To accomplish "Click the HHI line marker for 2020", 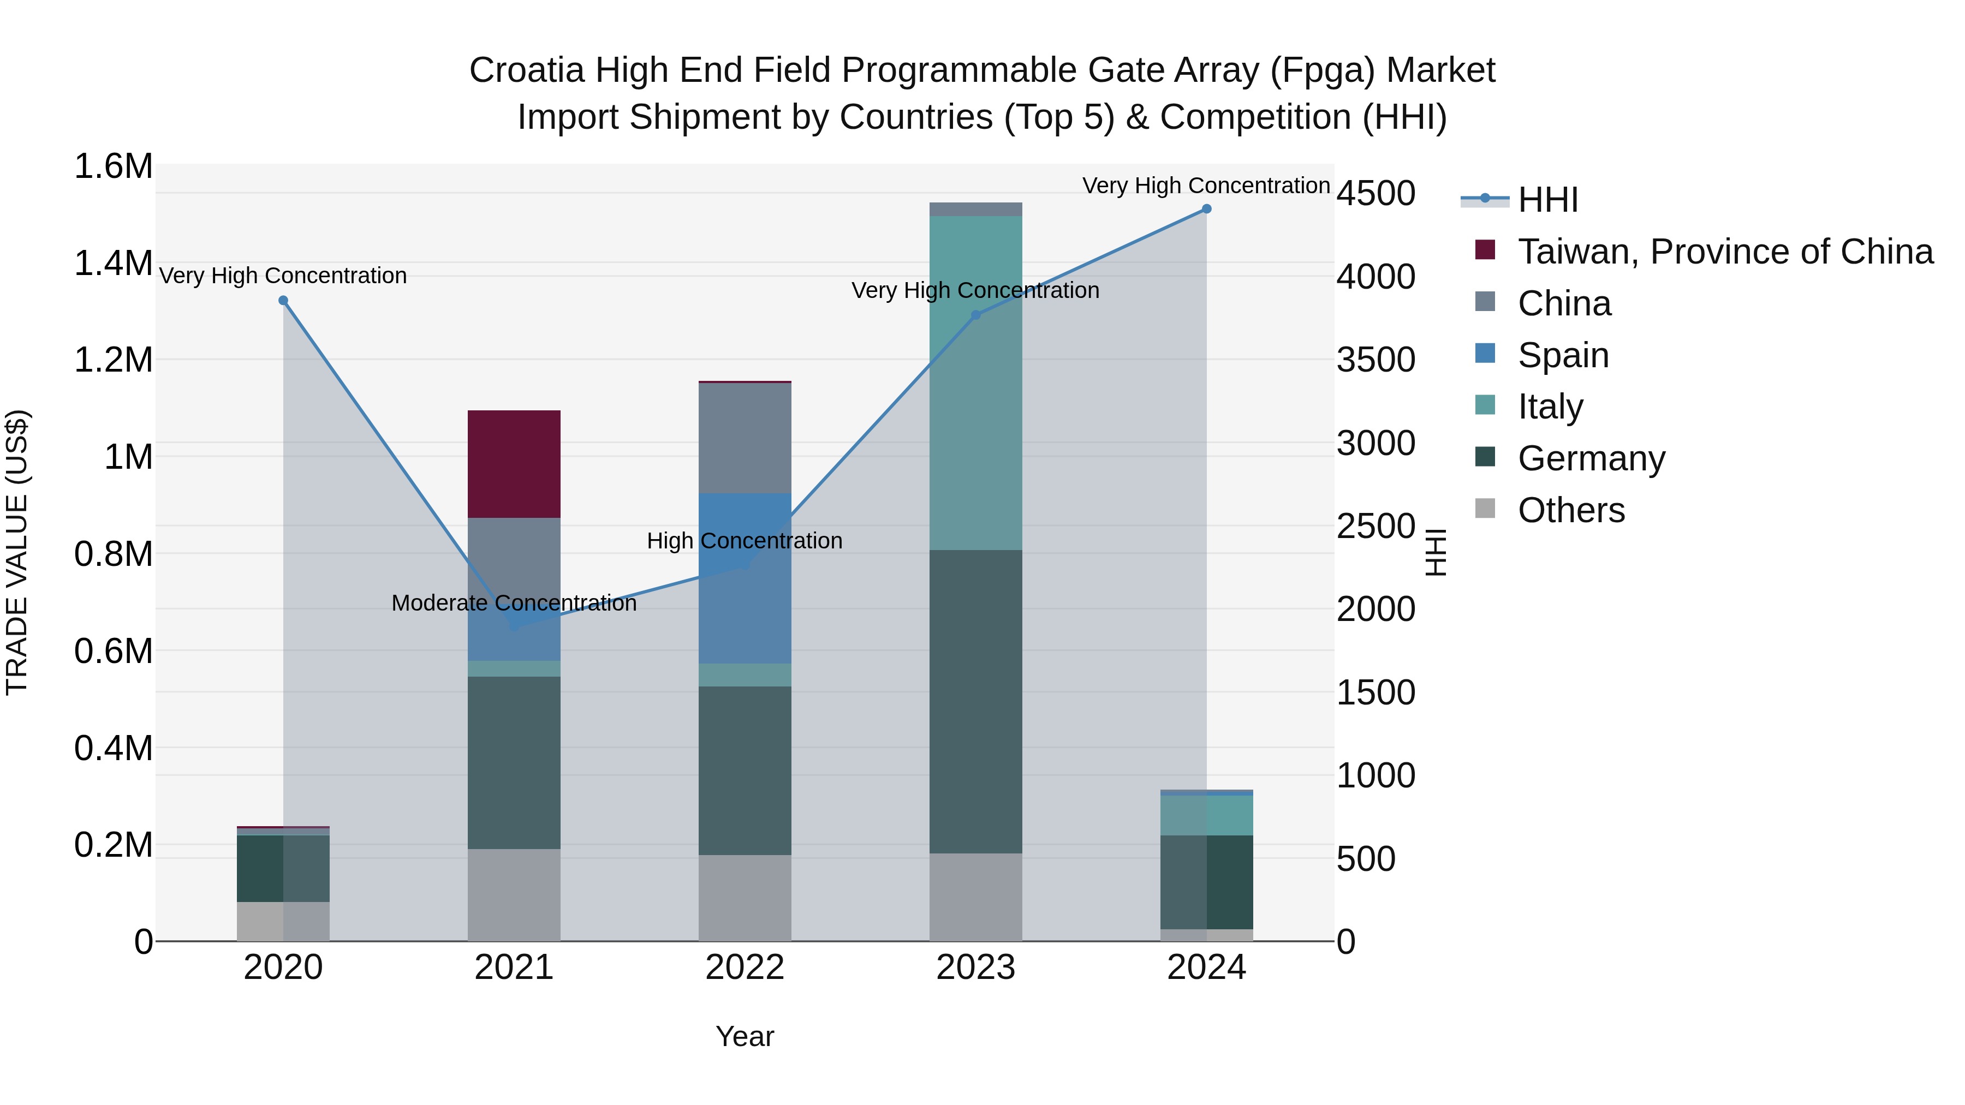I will pos(283,301).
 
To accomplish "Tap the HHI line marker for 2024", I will pos(1206,209).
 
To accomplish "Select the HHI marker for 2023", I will pos(975,315).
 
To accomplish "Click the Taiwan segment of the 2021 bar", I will pos(514,464).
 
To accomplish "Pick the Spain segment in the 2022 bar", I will pos(745,578).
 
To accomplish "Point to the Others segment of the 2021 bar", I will pos(514,894).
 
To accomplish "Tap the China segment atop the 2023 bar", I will pos(975,209).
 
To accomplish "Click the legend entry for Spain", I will pos(1562,355).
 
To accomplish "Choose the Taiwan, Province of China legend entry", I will pos(1724,252).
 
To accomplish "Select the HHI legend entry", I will pos(1547,200).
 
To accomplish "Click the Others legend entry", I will pos(1570,510).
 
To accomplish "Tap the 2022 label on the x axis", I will pos(745,967).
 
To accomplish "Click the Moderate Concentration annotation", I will pos(514,603).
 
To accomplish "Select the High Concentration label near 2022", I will pos(745,541).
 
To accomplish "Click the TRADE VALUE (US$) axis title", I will pos(17,552).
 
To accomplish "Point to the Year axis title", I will pos(745,1036).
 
